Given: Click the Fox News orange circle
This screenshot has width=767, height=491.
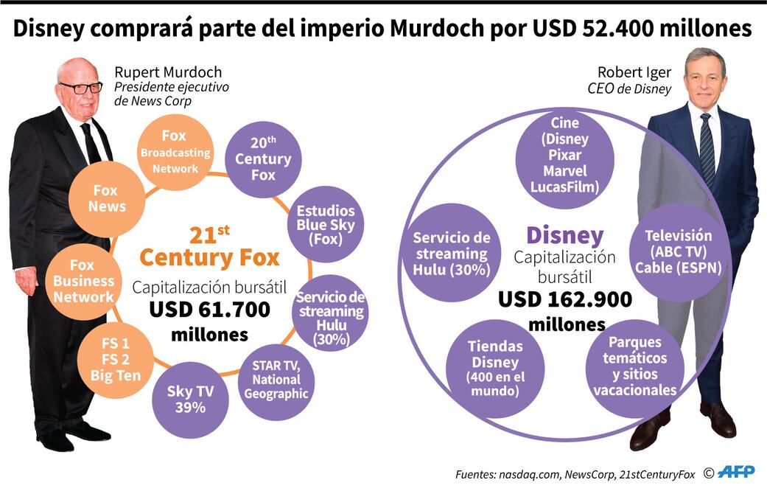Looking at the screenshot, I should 108,199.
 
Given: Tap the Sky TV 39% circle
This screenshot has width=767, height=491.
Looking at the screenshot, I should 189,399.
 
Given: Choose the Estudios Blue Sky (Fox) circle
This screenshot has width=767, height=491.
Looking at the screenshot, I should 325,225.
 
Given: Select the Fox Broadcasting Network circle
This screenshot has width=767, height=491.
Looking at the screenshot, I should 175,152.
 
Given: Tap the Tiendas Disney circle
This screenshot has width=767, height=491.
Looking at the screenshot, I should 496,368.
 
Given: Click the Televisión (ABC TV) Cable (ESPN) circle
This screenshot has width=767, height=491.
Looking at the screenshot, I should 678,251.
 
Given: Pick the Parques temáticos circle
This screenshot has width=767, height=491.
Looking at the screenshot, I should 634,366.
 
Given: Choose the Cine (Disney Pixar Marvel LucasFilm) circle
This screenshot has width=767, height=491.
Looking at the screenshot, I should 565,155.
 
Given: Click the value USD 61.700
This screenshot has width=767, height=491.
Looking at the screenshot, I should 209,310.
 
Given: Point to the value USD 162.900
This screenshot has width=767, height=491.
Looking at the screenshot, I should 565,299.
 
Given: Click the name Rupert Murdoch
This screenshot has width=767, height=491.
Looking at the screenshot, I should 168,72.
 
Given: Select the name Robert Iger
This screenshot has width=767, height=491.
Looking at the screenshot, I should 634,72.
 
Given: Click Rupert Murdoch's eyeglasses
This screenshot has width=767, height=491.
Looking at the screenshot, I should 80,88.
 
